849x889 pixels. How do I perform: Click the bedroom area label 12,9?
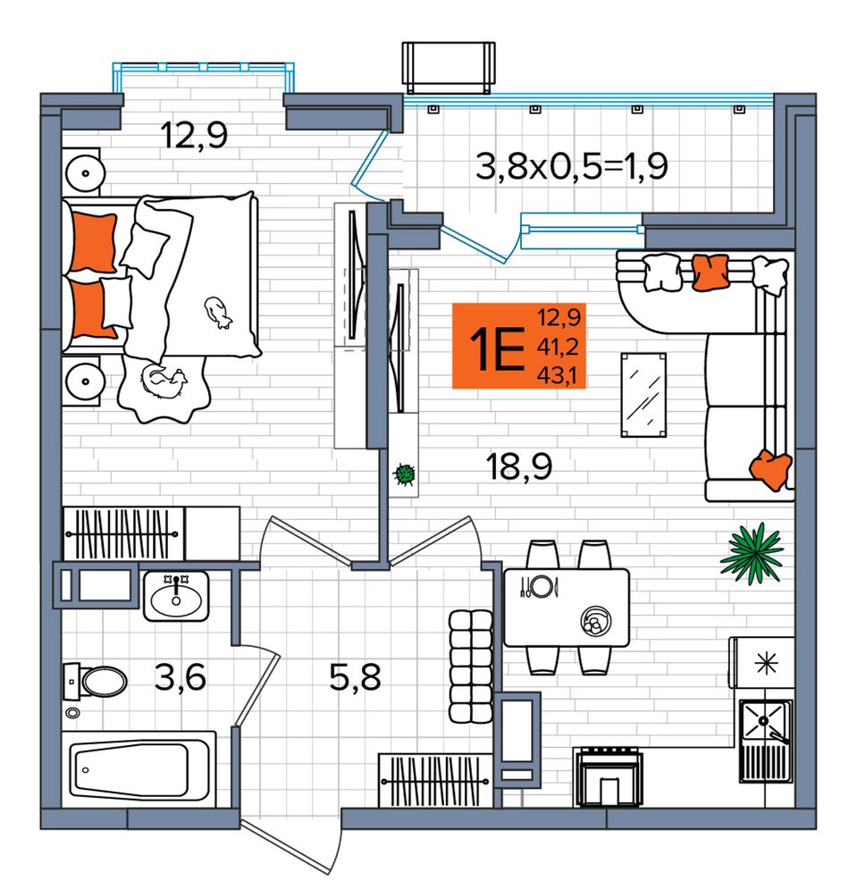[194, 136]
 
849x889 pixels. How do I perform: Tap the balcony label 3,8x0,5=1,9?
[572, 167]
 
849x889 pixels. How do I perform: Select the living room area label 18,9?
[519, 466]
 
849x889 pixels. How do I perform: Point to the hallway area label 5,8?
[355, 677]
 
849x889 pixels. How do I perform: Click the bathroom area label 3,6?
[180, 677]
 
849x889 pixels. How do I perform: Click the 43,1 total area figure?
[560, 375]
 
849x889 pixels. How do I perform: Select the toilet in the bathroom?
[96, 681]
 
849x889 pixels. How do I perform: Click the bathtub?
[139, 768]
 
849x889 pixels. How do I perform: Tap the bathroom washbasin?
[176, 596]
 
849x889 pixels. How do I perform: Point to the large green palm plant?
[752, 553]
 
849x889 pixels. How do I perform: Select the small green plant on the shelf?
[405, 474]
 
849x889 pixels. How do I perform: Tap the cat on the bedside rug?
[164, 382]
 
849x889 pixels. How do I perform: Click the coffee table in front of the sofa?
[643, 395]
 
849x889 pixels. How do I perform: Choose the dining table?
[567, 608]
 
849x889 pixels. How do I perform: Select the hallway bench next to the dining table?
[470, 667]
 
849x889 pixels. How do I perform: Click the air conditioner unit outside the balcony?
[449, 67]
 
